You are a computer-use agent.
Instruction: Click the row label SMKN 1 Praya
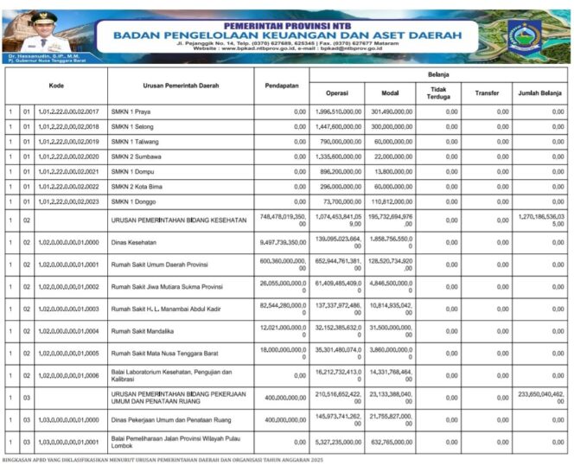(134, 112)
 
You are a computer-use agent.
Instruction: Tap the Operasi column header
(336, 92)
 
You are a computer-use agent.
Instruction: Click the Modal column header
(389, 92)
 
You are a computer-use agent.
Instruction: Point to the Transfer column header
(486, 92)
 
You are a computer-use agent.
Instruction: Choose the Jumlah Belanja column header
(540, 92)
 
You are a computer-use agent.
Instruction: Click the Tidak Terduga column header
(438, 92)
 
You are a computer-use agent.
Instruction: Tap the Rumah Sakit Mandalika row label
(146, 330)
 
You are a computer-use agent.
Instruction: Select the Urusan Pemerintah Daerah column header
(181, 86)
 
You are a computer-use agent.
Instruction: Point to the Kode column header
(56, 86)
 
